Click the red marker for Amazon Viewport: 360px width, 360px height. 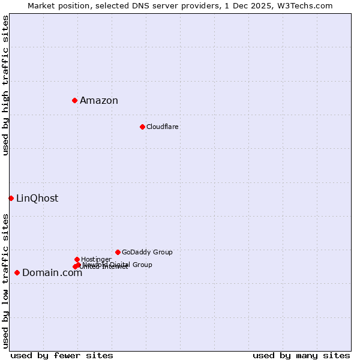tap(74, 100)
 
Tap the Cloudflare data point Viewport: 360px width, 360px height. tap(142, 127)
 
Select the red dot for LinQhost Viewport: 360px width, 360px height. tap(11, 198)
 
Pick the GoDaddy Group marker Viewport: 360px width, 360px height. tap(118, 252)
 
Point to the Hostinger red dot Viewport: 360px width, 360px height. tap(77, 259)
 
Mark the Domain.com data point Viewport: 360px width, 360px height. tap(17, 272)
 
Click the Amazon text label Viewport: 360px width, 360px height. tap(99, 101)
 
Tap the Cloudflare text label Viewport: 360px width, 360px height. tap(163, 127)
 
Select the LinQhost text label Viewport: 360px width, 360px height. tap(37, 199)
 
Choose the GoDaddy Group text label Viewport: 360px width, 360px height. tap(147, 253)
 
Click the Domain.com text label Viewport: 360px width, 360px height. tap(52, 273)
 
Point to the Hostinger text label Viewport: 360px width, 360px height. tap(96, 260)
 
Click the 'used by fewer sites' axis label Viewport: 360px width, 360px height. tap(62, 355)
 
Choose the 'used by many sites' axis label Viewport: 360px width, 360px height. tap(301, 355)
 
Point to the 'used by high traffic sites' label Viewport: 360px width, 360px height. tap(5, 86)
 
